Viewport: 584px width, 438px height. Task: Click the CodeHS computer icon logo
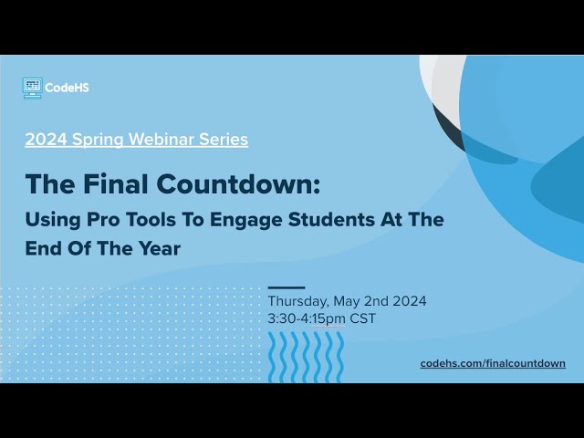(x=32, y=88)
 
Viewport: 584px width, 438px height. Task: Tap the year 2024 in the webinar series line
(x=42, y=140)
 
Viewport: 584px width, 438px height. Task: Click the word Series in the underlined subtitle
(x=221, y=140)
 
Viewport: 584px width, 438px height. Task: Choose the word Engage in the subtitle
(x=240, y=220)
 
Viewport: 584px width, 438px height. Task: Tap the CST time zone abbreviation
(x=362, y=318)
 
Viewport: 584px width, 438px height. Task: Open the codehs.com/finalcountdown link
(x=493, y=363)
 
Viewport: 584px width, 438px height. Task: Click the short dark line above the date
(x=287, y=287)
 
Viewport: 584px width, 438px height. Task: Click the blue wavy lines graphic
(x=306, y=356)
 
